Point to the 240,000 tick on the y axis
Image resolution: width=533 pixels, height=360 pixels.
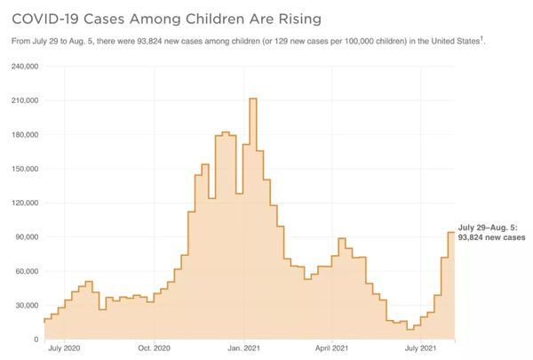coord(24,67)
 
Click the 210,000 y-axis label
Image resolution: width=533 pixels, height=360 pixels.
coord(24,100)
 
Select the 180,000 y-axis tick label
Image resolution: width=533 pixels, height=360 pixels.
coord(24,135)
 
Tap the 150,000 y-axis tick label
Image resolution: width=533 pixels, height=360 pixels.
coord(24,169)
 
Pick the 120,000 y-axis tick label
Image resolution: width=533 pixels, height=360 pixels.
coord(24,203)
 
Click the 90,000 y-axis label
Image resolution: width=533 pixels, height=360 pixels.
coord(27,237)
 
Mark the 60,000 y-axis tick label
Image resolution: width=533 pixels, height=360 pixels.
coord(27,271)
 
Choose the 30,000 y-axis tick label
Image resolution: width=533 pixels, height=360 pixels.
coord(27,305)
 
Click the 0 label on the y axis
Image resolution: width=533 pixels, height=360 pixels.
coord(36,340)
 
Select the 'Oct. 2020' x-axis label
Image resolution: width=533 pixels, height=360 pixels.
coord(154,350)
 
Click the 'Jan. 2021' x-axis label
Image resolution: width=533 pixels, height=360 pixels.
coord(243,350)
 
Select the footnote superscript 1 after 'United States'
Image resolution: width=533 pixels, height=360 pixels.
coord(481,38)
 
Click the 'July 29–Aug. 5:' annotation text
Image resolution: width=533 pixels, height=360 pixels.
coord(489,228)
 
